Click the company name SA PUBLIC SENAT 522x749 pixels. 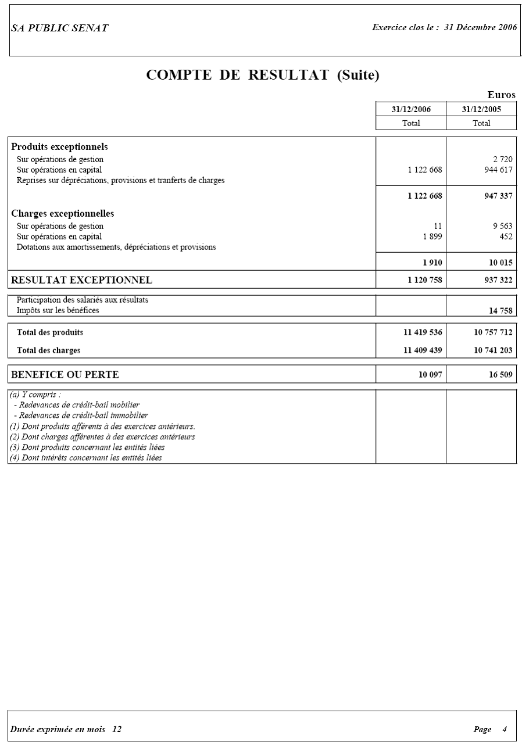59,28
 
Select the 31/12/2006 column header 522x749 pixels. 411,109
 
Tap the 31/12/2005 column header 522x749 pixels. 481,109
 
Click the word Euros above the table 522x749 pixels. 501,95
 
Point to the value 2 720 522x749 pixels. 502,159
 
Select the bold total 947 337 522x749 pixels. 498,196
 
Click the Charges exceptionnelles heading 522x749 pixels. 63,214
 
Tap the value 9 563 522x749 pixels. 502,226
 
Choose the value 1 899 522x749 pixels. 432,236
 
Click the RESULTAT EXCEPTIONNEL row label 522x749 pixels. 81,280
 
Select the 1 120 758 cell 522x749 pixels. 425,280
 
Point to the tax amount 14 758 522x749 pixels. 500,311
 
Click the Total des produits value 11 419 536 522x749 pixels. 423,333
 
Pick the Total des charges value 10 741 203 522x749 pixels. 493,350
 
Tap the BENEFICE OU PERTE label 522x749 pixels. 65,375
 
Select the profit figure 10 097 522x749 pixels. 430,375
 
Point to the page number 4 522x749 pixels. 505,730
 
